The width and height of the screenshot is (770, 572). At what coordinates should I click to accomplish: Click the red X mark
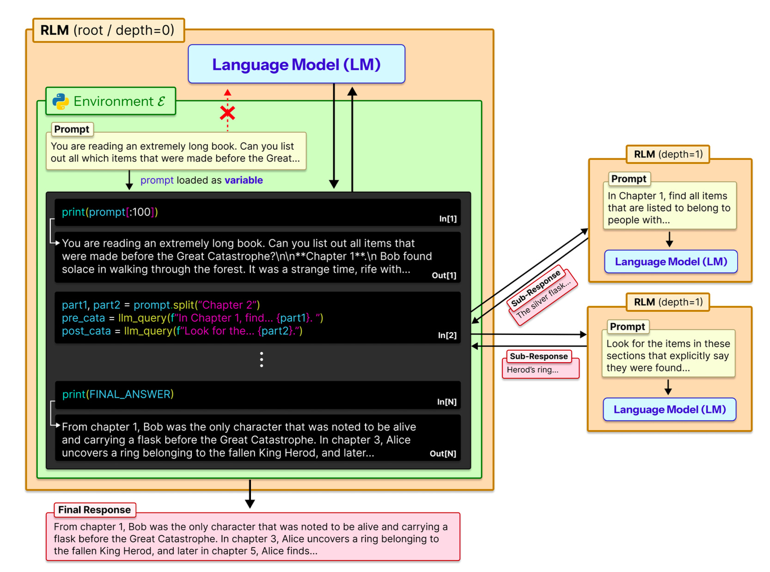tap(227, 113)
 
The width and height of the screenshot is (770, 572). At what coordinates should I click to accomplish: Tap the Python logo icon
tap(61, 101)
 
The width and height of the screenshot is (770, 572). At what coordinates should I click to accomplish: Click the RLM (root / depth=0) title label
tap(108, 30)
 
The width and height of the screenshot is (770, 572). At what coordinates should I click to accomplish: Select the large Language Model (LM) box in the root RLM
tap(296, 64)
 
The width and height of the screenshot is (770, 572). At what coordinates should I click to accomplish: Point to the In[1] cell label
tap(447, 219)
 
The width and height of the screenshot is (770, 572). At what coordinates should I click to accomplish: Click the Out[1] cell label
tap(444, 275)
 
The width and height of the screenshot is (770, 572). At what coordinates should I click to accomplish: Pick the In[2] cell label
tap(447, 335)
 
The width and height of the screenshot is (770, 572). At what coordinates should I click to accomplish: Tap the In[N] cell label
tap(446, 402)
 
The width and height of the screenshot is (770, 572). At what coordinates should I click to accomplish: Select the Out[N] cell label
tap(443, 454)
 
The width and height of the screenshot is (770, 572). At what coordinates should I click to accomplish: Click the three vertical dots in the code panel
tap(262, 359)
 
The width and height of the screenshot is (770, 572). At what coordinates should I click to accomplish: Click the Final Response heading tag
tap(94, 510)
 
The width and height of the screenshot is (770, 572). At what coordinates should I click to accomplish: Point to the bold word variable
tap(244, 180)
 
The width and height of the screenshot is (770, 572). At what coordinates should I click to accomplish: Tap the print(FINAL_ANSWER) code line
tap(118, 394)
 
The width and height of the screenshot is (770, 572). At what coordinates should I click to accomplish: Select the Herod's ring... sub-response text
tap(532, 370)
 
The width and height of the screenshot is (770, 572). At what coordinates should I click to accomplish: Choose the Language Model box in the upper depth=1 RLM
tap(670, 262)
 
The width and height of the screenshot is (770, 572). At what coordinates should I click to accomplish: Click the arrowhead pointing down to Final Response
tap(250, 504)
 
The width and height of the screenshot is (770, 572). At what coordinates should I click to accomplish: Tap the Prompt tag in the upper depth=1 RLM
tap(629, 179)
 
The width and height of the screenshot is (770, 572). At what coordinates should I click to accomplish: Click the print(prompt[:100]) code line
tap(110, 212)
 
